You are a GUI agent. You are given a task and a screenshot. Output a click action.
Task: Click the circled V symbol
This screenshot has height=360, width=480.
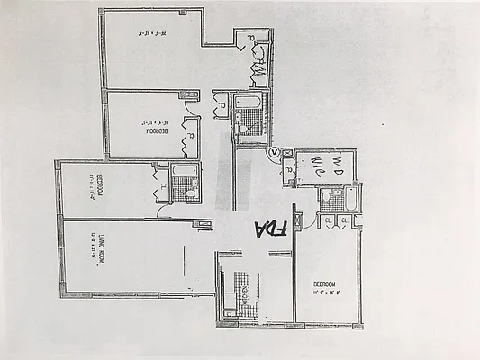(x=275, y=154)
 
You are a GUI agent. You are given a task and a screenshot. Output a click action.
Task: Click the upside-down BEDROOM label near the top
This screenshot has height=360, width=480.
(x=154, y=131)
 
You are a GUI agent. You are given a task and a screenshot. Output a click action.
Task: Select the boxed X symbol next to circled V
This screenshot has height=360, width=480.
(x=288, y=153)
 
